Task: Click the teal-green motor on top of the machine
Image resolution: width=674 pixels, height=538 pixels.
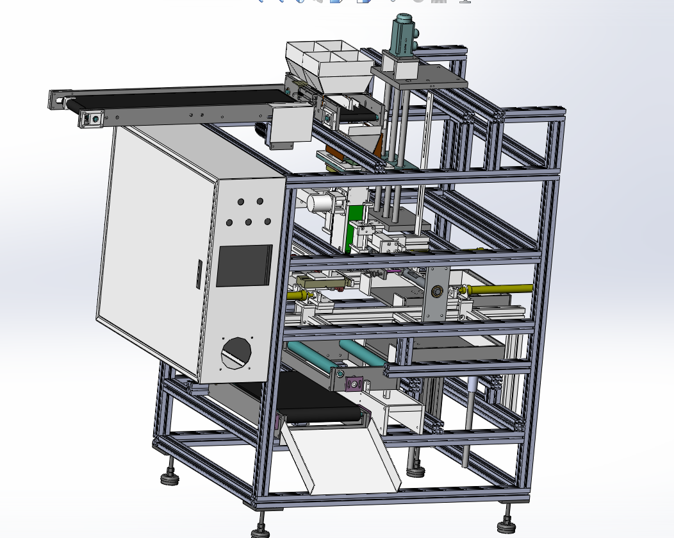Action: [x=404, y=35]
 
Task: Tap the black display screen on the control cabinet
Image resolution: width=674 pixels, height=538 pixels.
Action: [x=244, y=265]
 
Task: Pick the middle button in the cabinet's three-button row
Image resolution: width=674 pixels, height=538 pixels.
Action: [x=249, y=223]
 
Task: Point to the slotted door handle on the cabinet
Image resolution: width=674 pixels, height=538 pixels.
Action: [x=198, y=274]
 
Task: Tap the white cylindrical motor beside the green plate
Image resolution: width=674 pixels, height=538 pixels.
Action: [x=318, y=203]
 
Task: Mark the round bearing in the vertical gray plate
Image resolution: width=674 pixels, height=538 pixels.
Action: [x=437, y=292]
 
